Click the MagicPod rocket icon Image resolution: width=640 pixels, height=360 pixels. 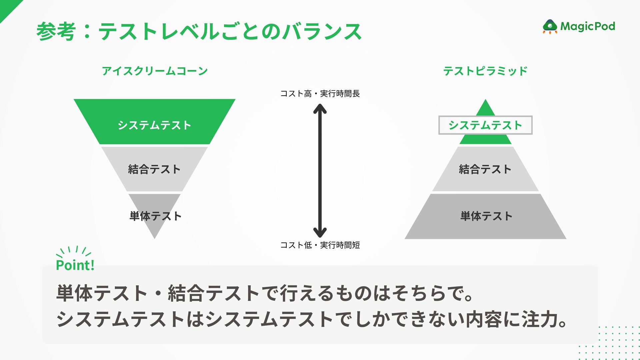click(550, 27)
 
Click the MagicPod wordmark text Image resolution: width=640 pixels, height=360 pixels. click(588, 26)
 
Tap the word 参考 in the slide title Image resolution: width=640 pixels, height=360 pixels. click(56, 32)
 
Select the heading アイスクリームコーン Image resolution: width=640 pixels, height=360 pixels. click(155, 71)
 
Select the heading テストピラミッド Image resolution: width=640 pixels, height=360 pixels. click(485, 71)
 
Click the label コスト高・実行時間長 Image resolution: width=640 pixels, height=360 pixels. click(320, 94)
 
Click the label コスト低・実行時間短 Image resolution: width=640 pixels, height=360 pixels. click(320, 245)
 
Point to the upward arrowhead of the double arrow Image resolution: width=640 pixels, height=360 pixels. click(320, 108)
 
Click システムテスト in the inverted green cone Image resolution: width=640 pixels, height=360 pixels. click(154, 125)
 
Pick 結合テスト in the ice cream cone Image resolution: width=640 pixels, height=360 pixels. click(154, 169)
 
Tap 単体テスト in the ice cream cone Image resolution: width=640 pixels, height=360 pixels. click(155, 216)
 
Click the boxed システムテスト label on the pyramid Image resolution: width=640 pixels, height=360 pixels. click(485, 125)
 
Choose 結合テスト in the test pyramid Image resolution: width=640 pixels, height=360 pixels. click(485, 169)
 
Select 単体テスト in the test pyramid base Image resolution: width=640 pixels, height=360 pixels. click(486, 216)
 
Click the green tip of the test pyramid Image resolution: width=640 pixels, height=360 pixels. click(485, 109)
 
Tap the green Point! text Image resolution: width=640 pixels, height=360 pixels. click(75, 265)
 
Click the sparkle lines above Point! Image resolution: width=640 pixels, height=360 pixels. click(74, 251)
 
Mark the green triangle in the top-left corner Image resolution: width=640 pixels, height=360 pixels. click(7, 7)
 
